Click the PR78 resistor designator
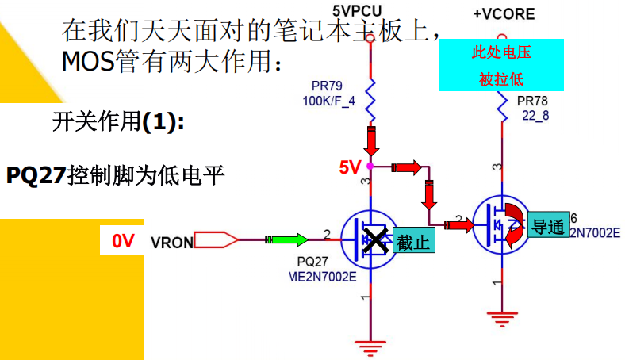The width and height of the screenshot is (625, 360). point(532,101)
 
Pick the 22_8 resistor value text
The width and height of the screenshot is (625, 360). point(535,116)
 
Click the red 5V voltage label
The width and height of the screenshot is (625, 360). point(350,167)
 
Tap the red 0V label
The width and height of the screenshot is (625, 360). point(122,240)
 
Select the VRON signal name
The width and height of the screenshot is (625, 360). point(171,242)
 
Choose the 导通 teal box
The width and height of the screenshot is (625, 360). point(549,226)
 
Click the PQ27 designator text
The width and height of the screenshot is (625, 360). point(312,261)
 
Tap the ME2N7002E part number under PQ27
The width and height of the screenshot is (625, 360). point(322,275)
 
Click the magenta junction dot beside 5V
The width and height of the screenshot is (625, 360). point(370,167)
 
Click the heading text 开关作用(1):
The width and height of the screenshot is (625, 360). point(118,124)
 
